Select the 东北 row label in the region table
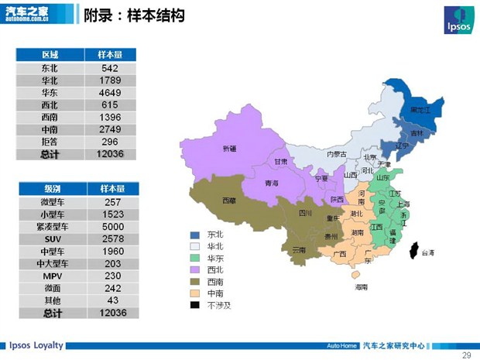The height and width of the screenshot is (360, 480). [49, 68]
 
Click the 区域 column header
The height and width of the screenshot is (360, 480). [49, 55]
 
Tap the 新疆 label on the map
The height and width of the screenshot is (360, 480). [228, 148]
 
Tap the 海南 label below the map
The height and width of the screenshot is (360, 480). [361, 287]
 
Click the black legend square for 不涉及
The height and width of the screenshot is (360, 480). [196, 305]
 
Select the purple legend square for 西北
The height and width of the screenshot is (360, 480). [196, 269]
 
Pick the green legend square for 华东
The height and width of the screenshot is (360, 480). [196, 257]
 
